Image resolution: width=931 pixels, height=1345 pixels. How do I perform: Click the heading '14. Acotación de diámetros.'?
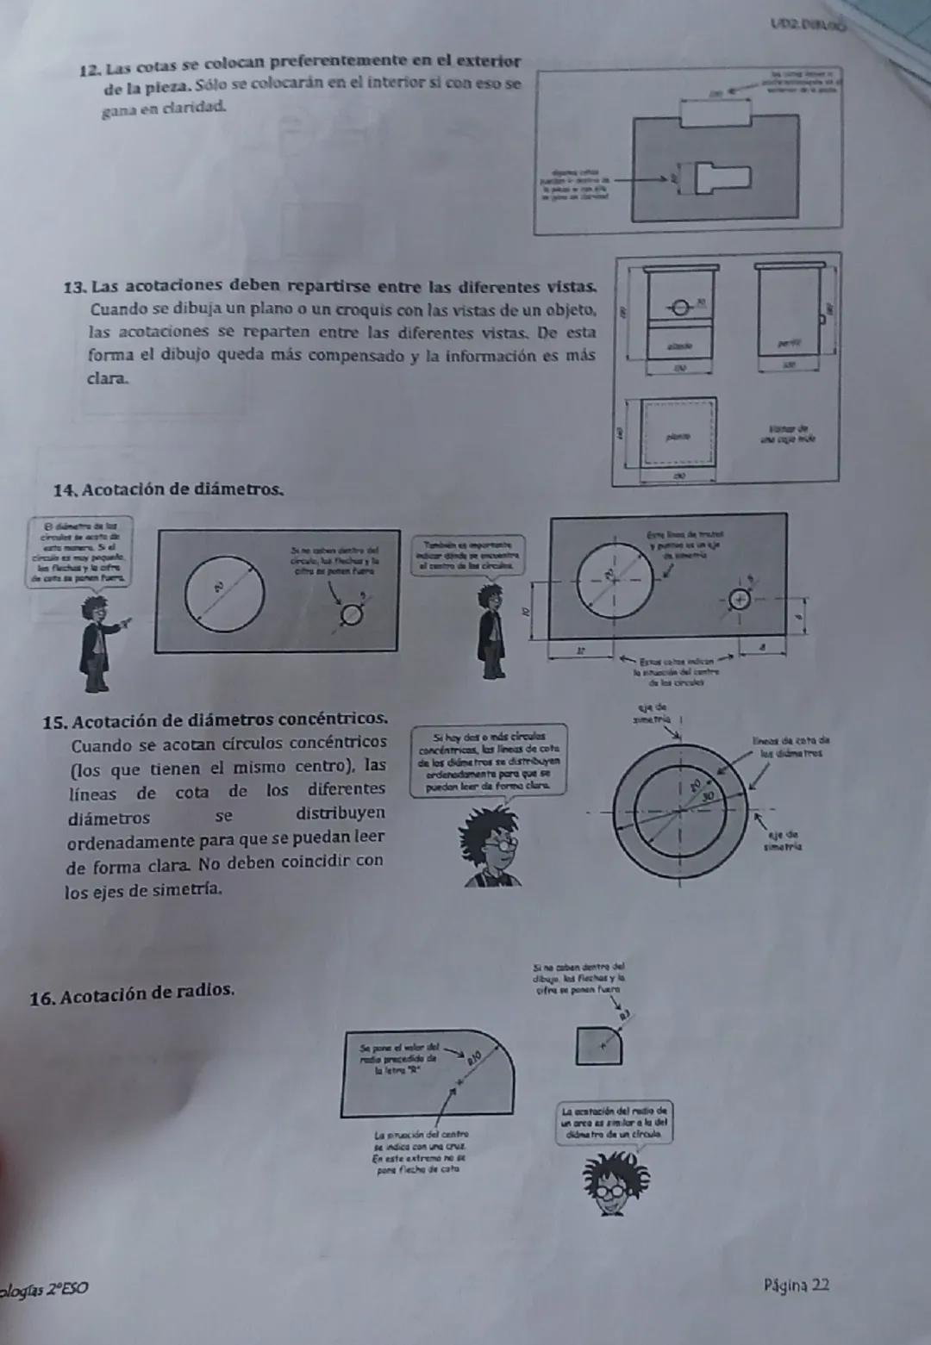tap(168, 489)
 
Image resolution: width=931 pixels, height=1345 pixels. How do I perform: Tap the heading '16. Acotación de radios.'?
tap(132, 992)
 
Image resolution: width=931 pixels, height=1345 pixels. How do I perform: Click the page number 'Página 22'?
tap(796, 1286)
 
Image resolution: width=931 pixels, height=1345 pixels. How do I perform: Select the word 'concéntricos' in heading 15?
tap(337, 719)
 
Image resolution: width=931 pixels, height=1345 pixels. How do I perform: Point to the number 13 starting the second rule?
tap(75, 286)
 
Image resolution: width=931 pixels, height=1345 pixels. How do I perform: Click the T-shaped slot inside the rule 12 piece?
tap(723, 178)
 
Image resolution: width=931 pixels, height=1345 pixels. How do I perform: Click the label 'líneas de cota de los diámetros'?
tap(790, 745)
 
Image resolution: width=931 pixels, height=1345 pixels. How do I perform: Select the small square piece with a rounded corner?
tap(597, 1044)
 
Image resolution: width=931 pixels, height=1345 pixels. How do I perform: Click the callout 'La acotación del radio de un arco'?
tap(615, 1123)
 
